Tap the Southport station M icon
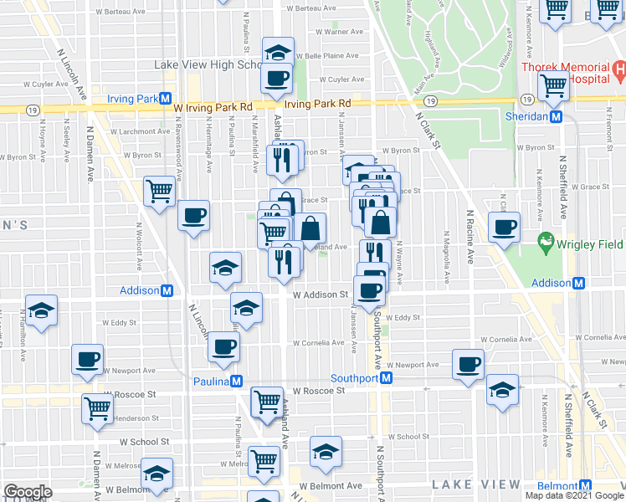point(387,378)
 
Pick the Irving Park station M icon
point(167,99)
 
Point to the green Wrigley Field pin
point(547,243)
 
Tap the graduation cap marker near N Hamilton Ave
point(42,311)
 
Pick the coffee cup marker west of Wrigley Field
point(505,228)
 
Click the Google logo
point(28,492)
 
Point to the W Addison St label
point(320,295)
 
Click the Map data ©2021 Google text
point(574,495)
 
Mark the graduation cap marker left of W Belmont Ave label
point(325,453)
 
